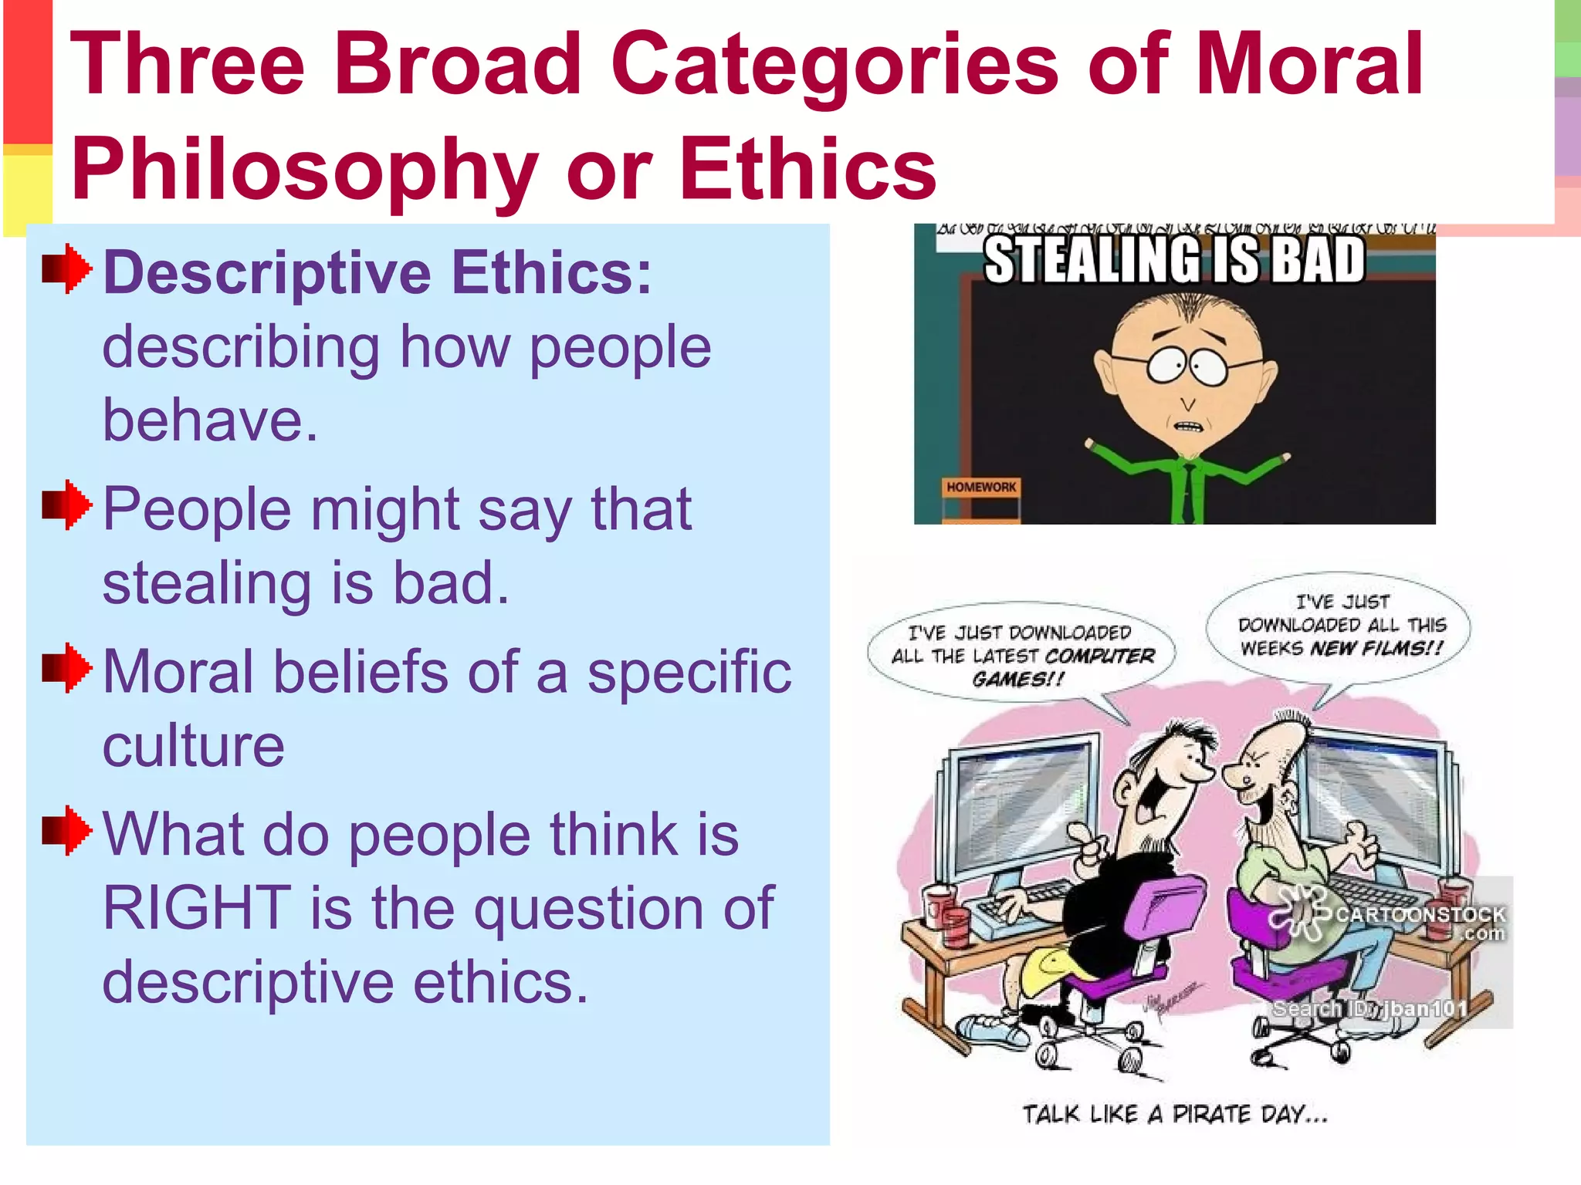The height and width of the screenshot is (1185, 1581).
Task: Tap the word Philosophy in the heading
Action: (x=304, y=170)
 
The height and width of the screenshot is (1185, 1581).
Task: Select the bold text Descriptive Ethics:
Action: (x=377, y=272)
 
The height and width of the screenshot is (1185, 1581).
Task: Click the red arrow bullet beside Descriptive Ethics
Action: (x=67, y=268)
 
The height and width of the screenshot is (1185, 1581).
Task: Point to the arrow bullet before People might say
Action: (x=67, y=505)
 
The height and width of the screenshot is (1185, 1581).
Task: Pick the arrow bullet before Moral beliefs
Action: (x=67, y=667)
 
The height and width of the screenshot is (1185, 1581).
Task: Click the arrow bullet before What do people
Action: (x=67, y=830)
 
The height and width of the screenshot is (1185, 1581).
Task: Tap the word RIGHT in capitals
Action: (x=197, y=908)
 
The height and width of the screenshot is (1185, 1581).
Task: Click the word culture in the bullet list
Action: (x=193, y=746)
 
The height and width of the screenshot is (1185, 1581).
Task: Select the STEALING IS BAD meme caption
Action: (x=1174, y=260)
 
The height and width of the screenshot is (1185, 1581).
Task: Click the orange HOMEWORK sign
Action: (x=981, y=487)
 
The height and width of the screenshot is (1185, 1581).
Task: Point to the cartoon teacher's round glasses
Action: (x=1187, y=365)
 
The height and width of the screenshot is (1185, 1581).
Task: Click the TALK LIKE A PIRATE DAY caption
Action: (x=1174, y=1114)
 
